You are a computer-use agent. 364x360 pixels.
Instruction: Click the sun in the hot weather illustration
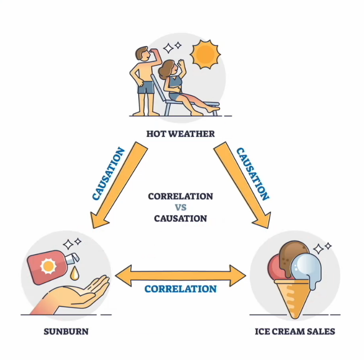pyautogui.click(x=205, y=54)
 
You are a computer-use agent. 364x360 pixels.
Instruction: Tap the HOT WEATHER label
pyautogui.click(x=180, y=134)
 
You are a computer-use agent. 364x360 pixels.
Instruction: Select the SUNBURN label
pyautogui.click(x=66, y=332)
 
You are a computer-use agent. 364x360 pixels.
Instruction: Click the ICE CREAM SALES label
pyautogui.click(x=295, y=332)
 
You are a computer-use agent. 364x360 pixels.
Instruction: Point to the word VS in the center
pyautogui.click(x=180, y=207)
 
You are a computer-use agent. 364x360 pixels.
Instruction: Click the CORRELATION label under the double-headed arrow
pyautogui.click(x=180, y=289)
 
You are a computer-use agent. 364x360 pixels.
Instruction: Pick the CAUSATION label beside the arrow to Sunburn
pyautogui.click(x=108, y=174)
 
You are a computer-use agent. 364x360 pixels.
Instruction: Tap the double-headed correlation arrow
pyautogui.click(x=180, y=274)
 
